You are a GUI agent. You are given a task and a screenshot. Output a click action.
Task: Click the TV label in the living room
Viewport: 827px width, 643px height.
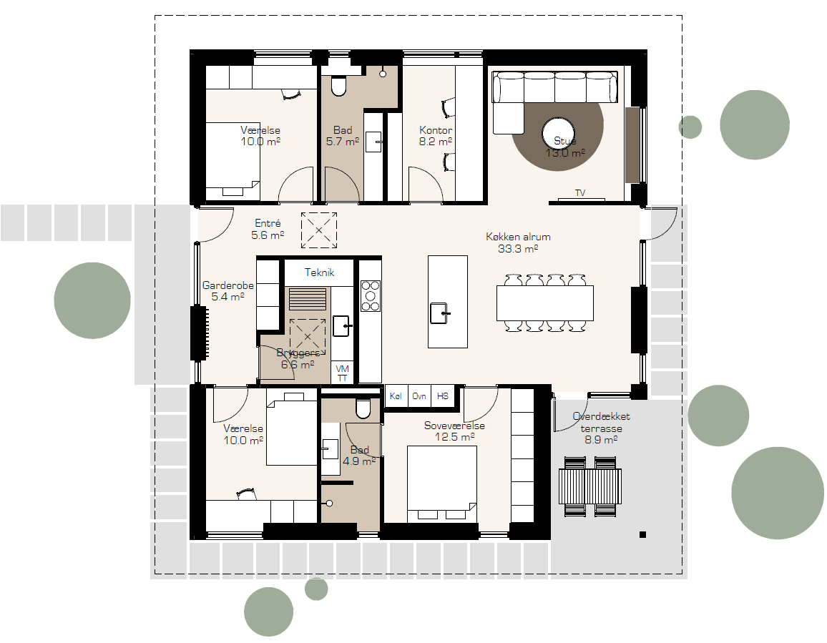coord(580,193)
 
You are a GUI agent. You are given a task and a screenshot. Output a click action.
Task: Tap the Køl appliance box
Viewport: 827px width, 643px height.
coord(396,396)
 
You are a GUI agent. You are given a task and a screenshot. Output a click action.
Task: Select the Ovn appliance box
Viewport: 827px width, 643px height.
coord(419,396)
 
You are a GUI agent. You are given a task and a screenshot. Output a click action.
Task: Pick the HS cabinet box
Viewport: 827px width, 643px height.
coord(443,396)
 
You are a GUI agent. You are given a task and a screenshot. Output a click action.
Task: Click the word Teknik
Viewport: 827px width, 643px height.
coord(319,273)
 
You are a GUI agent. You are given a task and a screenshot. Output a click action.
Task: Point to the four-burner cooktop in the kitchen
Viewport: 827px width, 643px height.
coord(371,296)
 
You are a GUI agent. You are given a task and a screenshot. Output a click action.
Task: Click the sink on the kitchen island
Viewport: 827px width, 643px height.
coord(439,313)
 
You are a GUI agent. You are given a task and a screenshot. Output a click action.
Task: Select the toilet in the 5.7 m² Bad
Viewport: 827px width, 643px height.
coord(338,86)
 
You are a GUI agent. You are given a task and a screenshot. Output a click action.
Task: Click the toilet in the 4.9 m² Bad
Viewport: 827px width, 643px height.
coord(363,407)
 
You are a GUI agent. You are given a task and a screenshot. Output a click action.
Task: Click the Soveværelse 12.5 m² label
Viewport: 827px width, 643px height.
coord(455,431)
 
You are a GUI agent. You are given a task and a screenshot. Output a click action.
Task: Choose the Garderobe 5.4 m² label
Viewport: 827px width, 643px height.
coord(227,291)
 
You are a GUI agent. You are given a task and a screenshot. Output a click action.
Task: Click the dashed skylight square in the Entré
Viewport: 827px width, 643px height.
coord(319,230)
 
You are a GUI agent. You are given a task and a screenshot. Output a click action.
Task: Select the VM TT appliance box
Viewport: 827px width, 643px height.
coord(342,373)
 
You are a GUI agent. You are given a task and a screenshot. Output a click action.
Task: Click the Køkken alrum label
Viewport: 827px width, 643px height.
coord(518,242)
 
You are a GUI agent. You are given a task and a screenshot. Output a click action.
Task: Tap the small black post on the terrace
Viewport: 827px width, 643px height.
coord(642,535)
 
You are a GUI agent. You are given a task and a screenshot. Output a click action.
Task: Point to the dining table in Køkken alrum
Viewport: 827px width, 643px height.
coord(545,303)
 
